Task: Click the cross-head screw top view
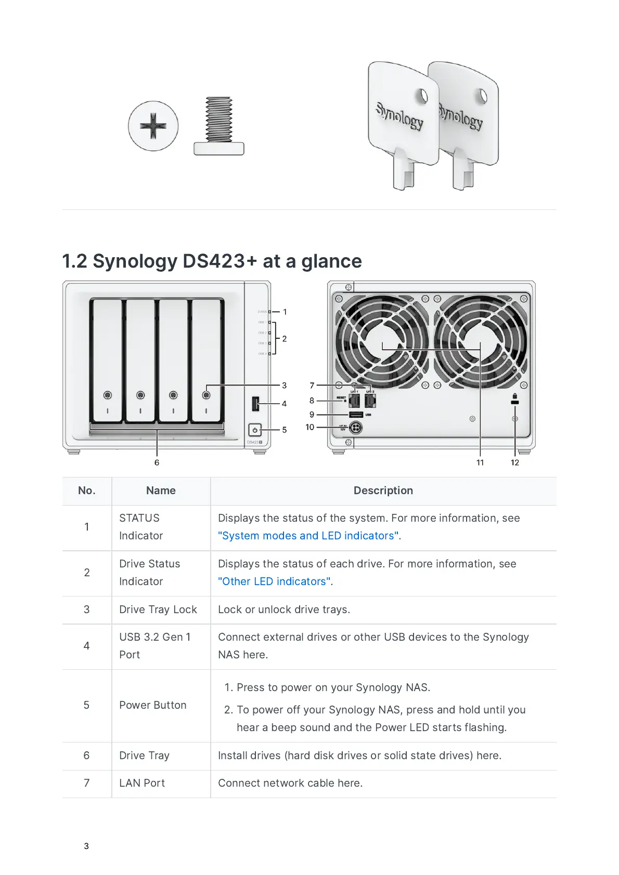[x=153, y=126]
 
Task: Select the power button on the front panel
[x=254, y=430]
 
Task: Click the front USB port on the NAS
[x=255, y=403]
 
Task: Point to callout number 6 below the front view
[x=157, y=462]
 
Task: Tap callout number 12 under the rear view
[x=514, y=462]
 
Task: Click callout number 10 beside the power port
[x=310, y=427]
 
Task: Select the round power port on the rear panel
[x=355, y=428]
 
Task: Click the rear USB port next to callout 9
[x=356, y=415]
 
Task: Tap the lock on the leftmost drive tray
[x=108, y=395]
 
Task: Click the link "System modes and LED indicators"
[x=308, y=536]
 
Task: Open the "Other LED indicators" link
[x=274, y=581]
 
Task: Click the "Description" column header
[x=383, y=490]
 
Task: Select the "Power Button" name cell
[x=153, y=705]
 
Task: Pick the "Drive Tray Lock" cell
[x=158, y=609]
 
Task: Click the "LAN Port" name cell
[x=142, y=783]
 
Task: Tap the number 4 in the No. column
[x=86, y=646]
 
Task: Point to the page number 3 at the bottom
[x=86, y=846]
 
